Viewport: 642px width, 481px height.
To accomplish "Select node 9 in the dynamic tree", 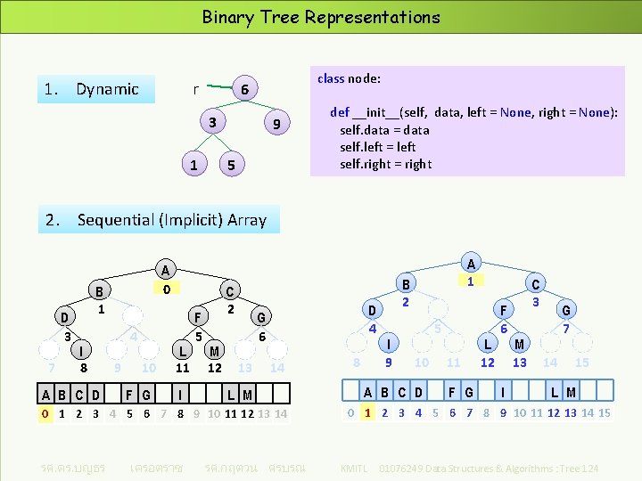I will (x=277, y=125).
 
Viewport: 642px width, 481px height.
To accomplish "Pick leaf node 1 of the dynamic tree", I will (x=193, y=165).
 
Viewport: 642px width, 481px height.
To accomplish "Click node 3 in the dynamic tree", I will (x=211, y=122).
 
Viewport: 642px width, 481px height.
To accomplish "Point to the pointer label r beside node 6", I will (x=195, y=89).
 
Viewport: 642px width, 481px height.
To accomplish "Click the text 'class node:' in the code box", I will (x=349, y=78).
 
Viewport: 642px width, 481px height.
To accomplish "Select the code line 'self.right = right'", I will (x=385, y=164).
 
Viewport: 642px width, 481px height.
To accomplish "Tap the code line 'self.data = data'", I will (x=384, y=130).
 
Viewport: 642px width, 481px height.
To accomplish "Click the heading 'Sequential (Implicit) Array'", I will (x=171, y=219).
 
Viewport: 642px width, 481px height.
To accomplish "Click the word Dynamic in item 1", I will (x=107, y=89).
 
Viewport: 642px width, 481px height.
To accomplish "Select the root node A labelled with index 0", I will (x=164, y=270).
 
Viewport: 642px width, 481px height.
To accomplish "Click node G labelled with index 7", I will (x=564, y=311).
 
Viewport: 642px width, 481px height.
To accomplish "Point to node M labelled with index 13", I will (x=520, y=344).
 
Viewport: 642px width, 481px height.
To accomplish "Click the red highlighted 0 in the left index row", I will (x=45, y=413).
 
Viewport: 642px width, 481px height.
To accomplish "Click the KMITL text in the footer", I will (x=355, y=468).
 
